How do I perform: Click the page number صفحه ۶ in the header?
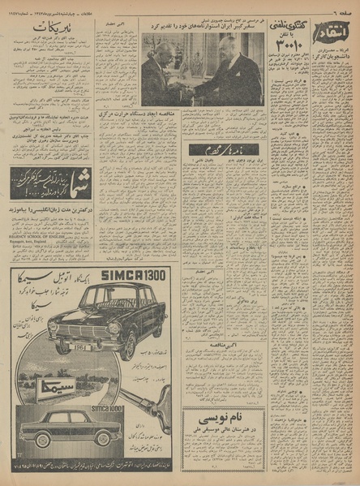pos(341,9)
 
